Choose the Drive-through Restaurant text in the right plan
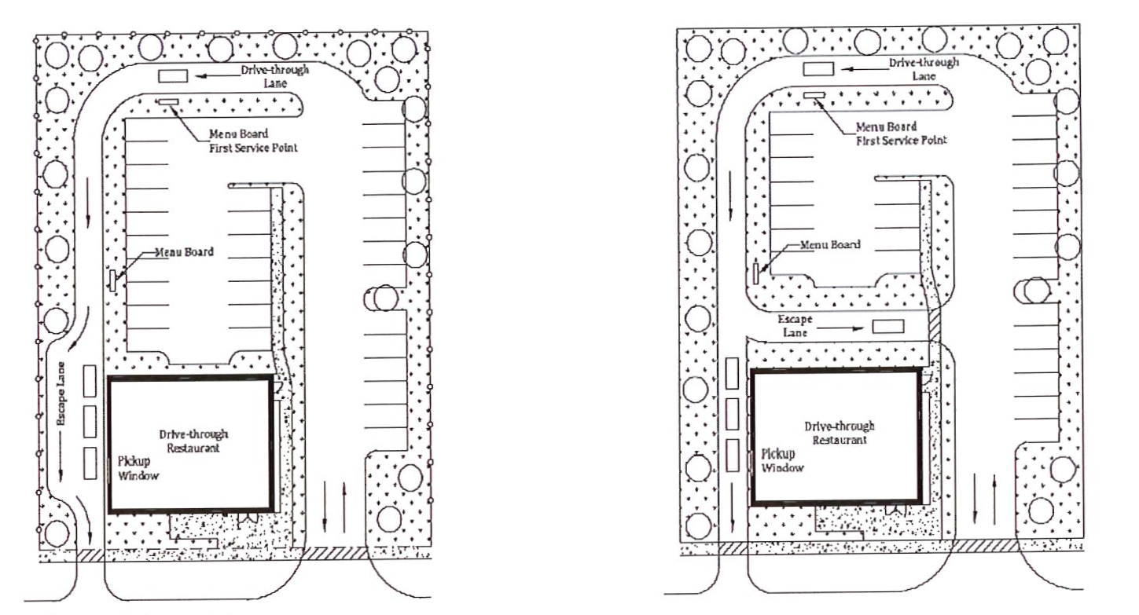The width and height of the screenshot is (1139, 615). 839,433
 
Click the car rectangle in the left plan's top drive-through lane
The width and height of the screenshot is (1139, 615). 173,75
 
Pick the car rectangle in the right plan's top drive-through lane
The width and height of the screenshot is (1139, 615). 818,69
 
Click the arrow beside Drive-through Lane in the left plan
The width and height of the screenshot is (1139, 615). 217,75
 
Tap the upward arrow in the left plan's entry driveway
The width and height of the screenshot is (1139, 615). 344,507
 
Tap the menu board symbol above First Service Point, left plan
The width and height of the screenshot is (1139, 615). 167,102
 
